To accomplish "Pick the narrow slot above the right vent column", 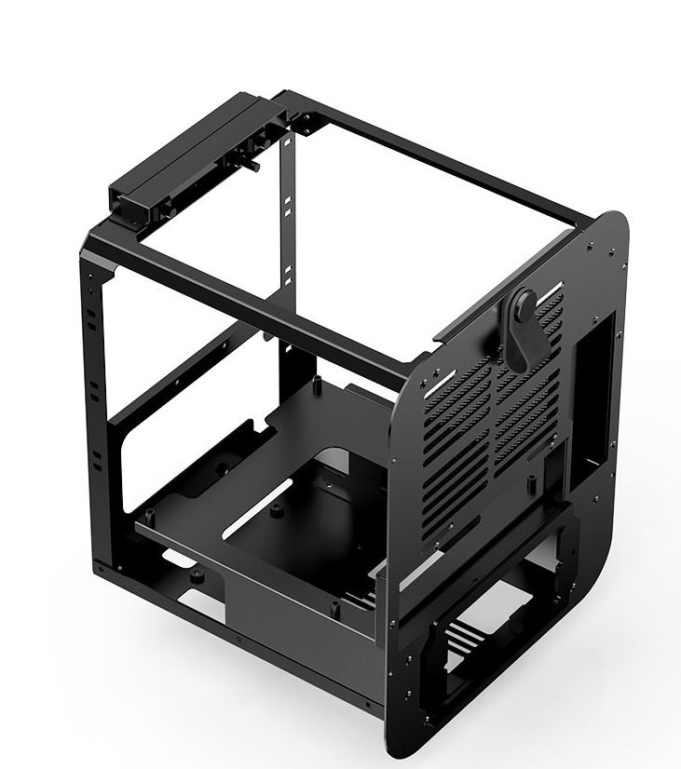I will pyautogui.click(x=554, y=284).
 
